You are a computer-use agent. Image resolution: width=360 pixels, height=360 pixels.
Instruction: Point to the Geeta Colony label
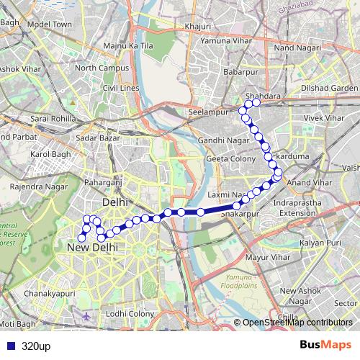tap(228, 158)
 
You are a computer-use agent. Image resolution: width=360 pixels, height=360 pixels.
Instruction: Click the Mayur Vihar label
tap(266, 256)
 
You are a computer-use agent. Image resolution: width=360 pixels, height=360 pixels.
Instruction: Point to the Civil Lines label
tap(120, 88)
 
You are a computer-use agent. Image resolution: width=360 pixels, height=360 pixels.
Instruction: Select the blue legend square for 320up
tap(9, 346)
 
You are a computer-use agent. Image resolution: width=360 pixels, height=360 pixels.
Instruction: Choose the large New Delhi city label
tap(91, 248)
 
